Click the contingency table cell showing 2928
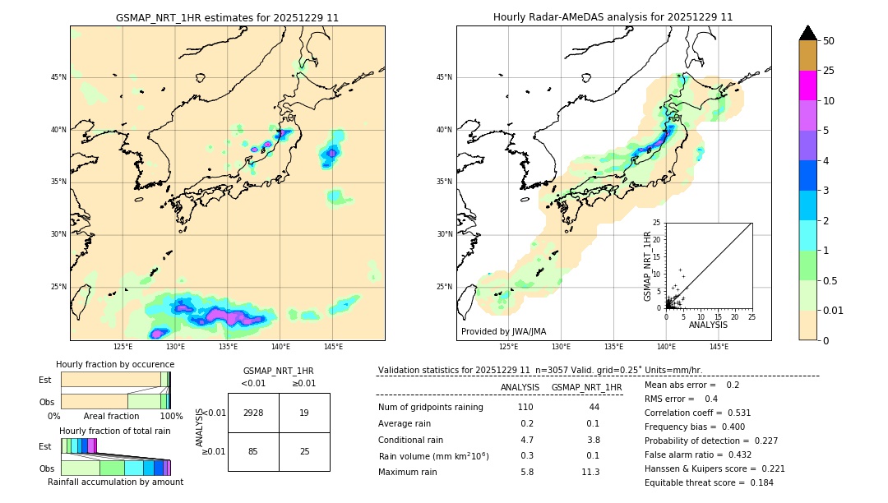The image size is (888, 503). click(253, 413)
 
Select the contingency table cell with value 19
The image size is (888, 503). click(304, 413)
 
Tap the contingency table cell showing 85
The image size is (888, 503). click(253, 451)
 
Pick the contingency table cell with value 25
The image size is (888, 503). click(304, 451)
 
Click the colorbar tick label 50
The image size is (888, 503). click(829, 41)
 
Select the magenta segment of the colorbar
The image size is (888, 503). click(808, 85)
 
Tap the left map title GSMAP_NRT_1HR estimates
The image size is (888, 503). click(227, 17)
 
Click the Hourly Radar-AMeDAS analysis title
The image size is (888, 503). click(613, 17)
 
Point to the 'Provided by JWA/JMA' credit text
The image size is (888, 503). click(503, 332)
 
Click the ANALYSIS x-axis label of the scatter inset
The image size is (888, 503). click(708, 325)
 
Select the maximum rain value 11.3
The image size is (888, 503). click(591, 472)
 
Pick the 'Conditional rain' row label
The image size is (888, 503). click(411, 440)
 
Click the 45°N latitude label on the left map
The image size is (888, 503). click(58, 77)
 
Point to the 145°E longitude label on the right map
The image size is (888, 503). click(719, 347)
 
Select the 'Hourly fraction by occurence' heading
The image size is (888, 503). click(115, 364)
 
